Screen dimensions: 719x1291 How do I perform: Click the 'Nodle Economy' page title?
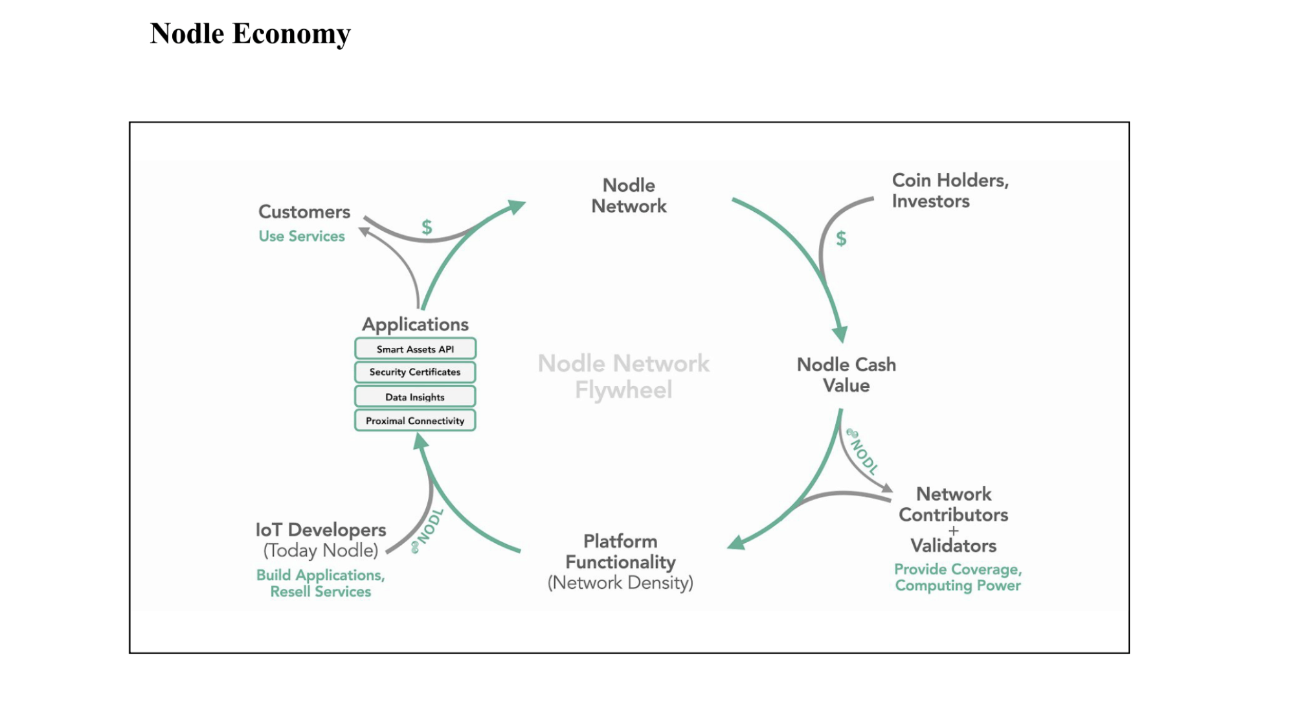click(x=250, y=34)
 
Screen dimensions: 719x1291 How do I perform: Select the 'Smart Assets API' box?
click(x=415, y=349)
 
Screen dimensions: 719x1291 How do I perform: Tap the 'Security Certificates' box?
click(x=415, y=372)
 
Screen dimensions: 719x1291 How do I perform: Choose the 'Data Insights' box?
click(x=415, y=397)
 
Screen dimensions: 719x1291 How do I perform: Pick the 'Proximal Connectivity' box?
click(x=415, y=421)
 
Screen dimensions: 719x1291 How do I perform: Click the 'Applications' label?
click(x=415, y=324)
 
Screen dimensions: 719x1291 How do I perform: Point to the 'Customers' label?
click(x=304, y=212)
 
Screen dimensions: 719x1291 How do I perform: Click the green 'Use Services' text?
click(x=302, y=236)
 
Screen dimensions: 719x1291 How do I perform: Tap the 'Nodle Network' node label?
click(x=629, y=196)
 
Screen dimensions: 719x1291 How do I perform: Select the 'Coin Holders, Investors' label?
click(x=950, y=190)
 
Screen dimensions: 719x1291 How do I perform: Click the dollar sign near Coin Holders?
click(x=841, y=239)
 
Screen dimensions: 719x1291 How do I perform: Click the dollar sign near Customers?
click(x=427, y=227)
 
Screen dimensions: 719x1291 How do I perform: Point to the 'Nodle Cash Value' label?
click(x=846, y=375)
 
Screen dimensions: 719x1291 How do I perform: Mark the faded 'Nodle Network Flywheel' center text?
click(x=623, y=376)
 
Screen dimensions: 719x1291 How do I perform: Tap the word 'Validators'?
click(x=953, y=545)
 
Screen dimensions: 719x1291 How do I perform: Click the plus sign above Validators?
click(x=953, y=531)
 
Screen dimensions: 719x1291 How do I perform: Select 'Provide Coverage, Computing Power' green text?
click(x=958, y=577)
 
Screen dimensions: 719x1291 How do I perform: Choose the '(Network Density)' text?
click(x=620, y=583)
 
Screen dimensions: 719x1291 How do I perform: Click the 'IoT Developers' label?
click(x=320, y=530)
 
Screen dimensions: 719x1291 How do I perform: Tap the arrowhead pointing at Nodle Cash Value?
click(x=840, y=334)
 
